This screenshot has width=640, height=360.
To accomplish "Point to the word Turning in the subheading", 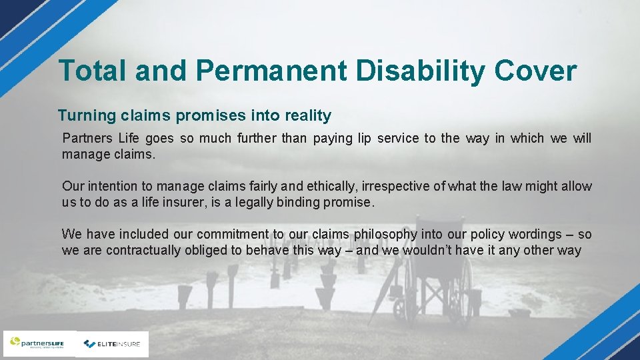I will tap(87, 116).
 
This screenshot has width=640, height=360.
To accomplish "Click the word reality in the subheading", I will tap(308, 116).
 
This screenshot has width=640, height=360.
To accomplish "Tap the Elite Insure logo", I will tap(113, 344).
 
